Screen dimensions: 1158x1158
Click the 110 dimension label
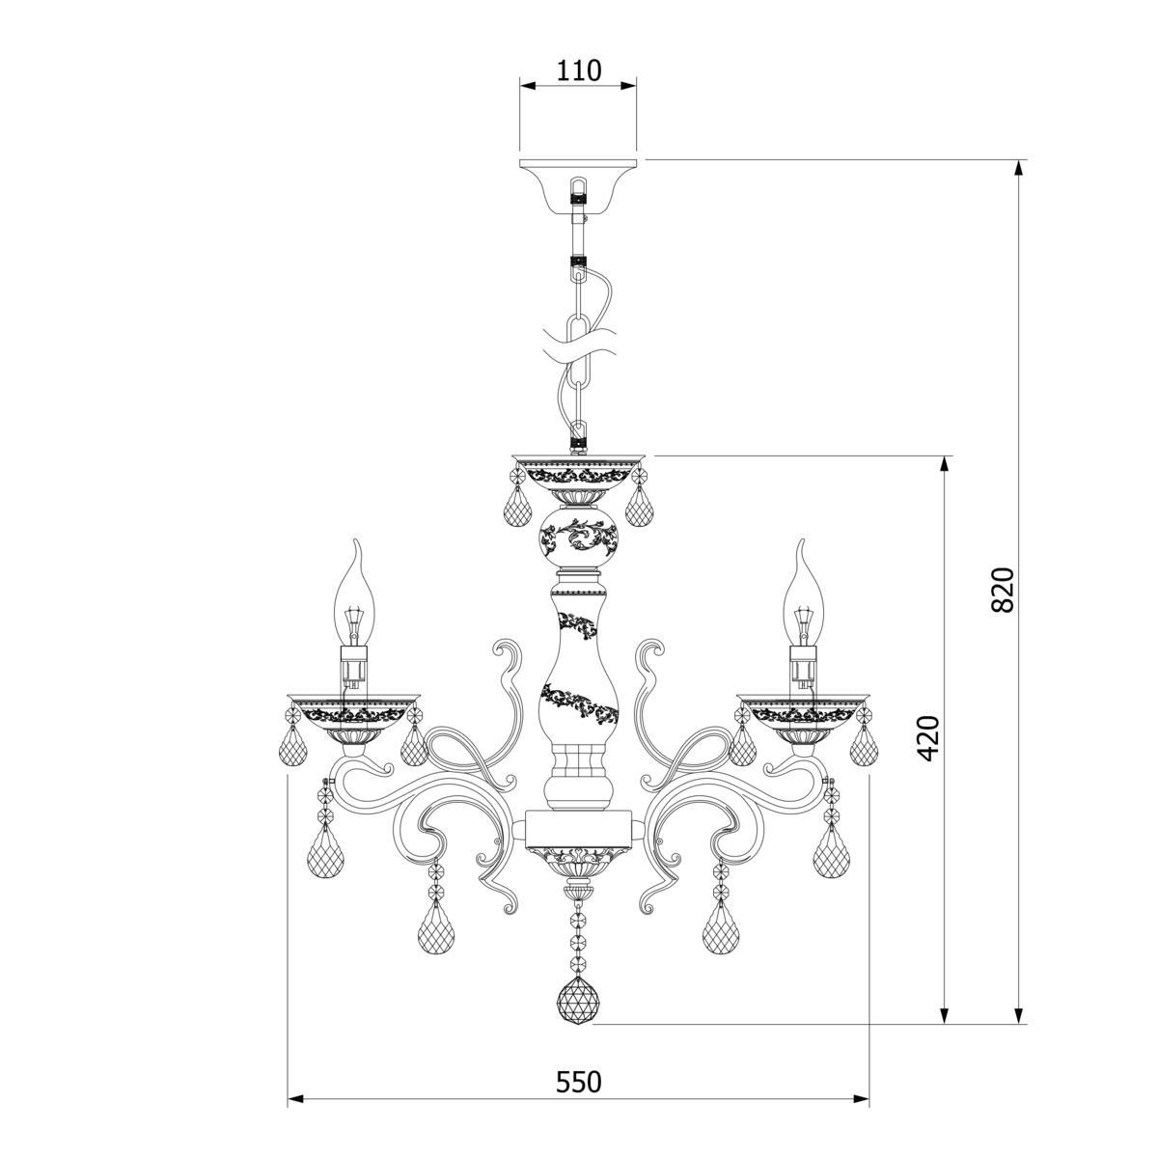[x=578, y=70]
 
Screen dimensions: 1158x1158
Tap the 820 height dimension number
[x=1003, y=589]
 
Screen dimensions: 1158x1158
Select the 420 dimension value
[x=928, y=738]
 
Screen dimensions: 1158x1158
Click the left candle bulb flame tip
[x=358, y=540]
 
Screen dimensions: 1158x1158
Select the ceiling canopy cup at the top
[x=578, y=186]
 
